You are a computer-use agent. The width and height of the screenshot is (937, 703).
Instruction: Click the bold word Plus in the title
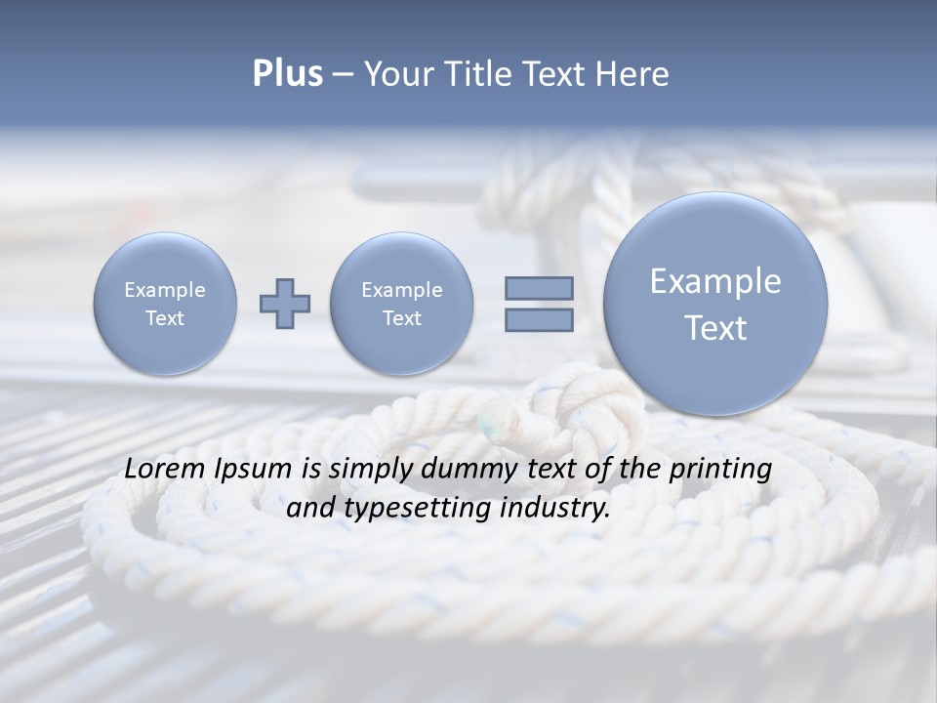point(287,74)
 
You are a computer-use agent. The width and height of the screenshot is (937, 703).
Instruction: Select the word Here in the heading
point(633,74)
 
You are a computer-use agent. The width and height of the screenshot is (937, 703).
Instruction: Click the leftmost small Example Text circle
point(165,304)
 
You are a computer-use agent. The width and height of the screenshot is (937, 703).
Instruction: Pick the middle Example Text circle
point(401,304)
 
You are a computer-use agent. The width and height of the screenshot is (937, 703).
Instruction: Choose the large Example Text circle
point(715,304)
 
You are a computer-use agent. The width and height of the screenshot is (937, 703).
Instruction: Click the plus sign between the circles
point(285,304)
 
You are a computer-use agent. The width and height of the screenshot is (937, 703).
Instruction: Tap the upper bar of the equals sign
point(539,289)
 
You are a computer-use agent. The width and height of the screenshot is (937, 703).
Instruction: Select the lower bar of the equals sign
point(539,319)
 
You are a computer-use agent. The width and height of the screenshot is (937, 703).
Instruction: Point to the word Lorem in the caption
point(159,469)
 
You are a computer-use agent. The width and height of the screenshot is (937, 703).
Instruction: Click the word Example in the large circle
point(715,281)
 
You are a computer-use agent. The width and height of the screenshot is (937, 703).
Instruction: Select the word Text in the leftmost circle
point(165,318)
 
